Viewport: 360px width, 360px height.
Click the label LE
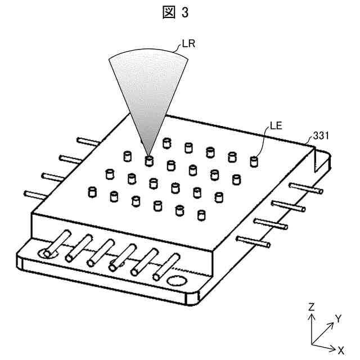click(x=276, y=127)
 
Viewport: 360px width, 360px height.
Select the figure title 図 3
click(x=179, y=12)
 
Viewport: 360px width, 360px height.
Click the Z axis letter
click(x=311, y=307)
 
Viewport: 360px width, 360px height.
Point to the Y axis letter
click(x=338, y=318)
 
